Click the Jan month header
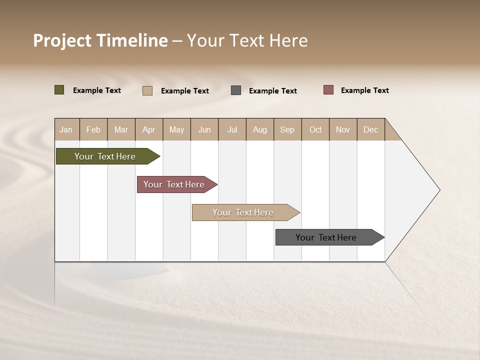coord(66,129)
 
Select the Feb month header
coord(93,129)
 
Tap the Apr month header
coord(148,129)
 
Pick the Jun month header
coord(204,129)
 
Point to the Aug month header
coord(260,129)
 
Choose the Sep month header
coord(287,129)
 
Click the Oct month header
coord(315,129)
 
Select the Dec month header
coord(371,129)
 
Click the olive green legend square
coord(59,90)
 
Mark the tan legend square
coord(147,90)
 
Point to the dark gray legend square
coord(236,90)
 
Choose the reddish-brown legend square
coord(328,90)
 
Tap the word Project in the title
coord(62,41)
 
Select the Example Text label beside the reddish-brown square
coord(365,90)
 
